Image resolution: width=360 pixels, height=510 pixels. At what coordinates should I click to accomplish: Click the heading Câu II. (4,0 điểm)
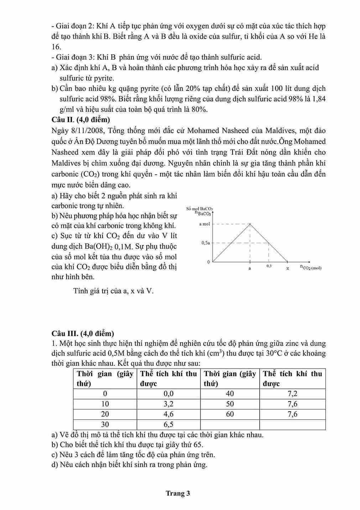coord(81,120)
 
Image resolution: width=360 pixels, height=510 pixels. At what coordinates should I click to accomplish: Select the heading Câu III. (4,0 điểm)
coord(83,334)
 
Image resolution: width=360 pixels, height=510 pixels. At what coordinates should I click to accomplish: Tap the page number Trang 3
coord(178,493)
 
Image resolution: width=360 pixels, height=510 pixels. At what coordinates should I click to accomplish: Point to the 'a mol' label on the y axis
coord(204,224)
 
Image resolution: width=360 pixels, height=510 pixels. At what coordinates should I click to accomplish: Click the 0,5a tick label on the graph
coord(205,243)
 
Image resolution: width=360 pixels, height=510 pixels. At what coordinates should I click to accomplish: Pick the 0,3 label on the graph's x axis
coord(269,266)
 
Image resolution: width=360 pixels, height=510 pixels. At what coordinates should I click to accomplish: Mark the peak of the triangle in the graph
coord(250,224)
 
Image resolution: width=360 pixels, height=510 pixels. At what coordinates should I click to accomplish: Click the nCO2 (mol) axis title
coord(311,267)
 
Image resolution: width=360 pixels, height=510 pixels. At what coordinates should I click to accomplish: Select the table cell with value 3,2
coord(168,404)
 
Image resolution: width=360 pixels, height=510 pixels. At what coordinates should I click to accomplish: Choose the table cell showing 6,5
coord(168,424)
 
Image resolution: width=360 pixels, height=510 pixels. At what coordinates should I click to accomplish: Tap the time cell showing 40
coord(230,393)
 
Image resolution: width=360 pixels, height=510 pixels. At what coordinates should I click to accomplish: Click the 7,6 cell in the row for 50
coord(292,404)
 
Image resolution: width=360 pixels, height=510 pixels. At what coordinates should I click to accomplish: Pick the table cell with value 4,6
coord(168,414)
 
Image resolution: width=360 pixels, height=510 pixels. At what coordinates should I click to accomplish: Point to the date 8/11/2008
coord(85,130)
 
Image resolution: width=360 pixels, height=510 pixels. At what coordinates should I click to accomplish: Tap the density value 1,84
coord(318,99)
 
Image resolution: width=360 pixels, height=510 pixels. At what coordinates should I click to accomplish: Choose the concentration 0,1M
coord(125,247)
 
